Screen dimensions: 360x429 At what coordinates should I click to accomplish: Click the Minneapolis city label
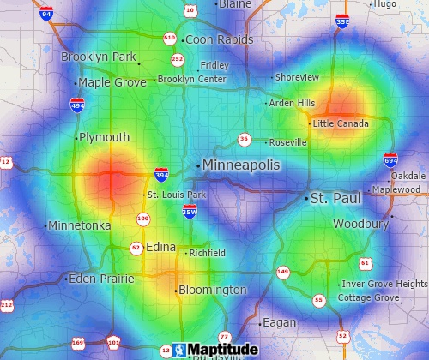pyautogui.click(x=242, y=165)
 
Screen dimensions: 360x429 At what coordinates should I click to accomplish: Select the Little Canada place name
pyautogui.click(x=341, y=123)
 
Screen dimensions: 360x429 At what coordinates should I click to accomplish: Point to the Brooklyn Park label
pyautogui.click(x=99, y=57)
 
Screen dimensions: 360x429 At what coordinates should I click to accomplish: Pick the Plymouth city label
pyautogui.click(x=105, y=137)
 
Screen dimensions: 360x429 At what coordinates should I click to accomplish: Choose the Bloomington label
pyautogui.click(x=213, y=291)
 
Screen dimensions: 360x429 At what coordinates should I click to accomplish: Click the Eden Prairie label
pyautogui.click(x=101, y=279)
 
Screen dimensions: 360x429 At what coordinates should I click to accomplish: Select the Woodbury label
pyautogui.click(x=361, y=224)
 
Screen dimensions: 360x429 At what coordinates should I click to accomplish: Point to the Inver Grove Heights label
pyautogui.click(x=384, y=284)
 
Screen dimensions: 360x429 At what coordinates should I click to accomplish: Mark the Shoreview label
pyautogui.click(x=297, y=77)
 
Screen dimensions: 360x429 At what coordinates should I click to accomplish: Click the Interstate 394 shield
pyautogui.click(x=161, y=175)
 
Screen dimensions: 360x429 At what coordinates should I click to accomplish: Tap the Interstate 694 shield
pyautogui.click(x=390, y=159)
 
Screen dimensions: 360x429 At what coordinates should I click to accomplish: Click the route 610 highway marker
pyautogui.click(x=169, y=38)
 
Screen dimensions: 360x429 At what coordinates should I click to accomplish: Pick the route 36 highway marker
pyautogui.click(x=245, y=139)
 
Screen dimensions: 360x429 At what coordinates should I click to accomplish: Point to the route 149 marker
pyautogui.click(x=282, y=272)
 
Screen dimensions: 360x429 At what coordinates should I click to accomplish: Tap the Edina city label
pyautogui.click(x=161, y=247)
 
